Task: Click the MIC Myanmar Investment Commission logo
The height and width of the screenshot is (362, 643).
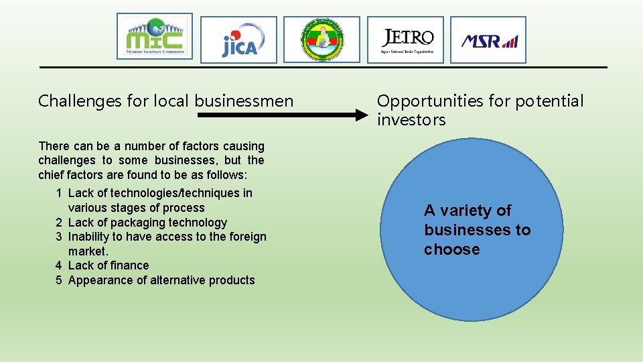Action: [x=155, y=36]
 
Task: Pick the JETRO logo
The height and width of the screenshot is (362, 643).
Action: [x=405, y=40]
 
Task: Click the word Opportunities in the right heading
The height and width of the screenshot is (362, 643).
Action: [x=429, y=101]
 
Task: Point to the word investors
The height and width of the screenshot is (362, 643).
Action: [x=411, y=120]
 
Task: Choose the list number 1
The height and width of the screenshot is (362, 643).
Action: [x=60, y=193]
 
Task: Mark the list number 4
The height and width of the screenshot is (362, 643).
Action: [x=60, y=265]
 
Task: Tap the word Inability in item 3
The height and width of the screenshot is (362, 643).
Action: [x=89, y=237]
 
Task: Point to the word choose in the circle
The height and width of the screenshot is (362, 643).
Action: [x=451, y=249]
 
